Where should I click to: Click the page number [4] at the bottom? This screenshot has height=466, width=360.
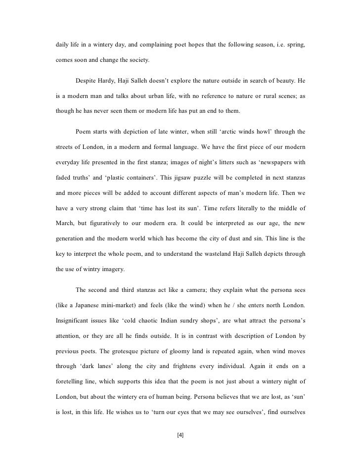point(180,435)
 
